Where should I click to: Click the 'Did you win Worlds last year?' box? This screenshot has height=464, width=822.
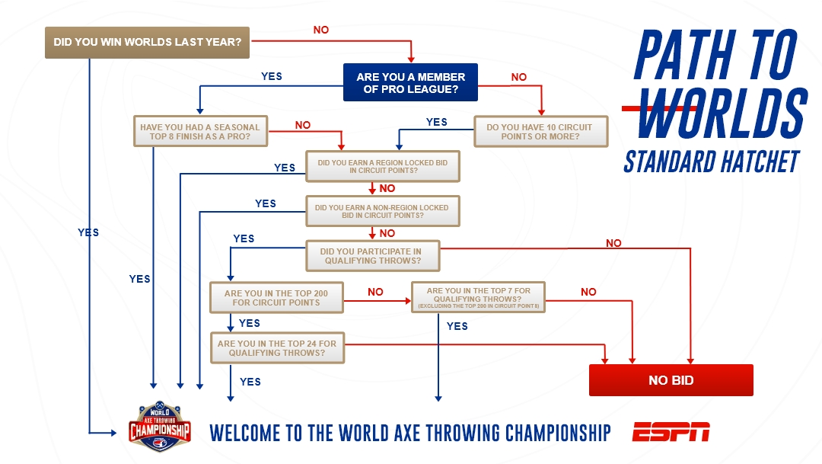tap(147, 42)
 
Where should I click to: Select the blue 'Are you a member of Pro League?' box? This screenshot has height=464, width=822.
tap(410, 82)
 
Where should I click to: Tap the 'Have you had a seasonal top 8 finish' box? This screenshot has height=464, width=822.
tap(200, 131)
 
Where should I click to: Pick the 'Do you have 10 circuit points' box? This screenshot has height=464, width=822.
tap(540, 131)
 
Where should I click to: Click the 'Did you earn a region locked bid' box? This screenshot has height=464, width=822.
tap(383, 166)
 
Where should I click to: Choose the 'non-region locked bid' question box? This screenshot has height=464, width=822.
tap(383, 211)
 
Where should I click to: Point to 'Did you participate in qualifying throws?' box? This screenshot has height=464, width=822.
tap(373, 256)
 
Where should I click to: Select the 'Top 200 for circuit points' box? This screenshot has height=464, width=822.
tap(276, 298)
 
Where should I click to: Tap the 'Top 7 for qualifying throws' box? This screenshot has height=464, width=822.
tap(478, 297)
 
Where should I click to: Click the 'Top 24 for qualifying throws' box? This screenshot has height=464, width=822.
tap(277, 347)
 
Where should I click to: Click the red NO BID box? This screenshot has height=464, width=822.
tap(671, 380)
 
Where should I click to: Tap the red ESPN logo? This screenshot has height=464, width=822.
tap(671, 431)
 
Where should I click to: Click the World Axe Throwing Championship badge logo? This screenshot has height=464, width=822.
tap(159, 427)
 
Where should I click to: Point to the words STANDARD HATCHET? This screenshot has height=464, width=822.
tap(712, 162)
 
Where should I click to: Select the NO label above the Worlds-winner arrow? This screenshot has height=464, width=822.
tap(321, 30)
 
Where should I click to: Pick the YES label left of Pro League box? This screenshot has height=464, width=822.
tap(272, 76)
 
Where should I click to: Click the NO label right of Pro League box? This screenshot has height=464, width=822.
tap(519, 77)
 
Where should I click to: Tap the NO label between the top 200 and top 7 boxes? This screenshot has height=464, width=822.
tap(375, 292)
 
